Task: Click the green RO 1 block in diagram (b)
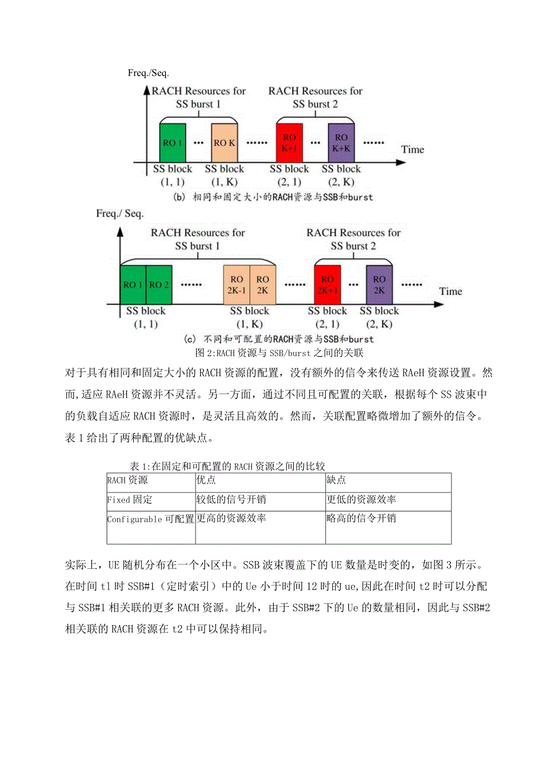coord(172,143)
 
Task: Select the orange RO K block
coord(224,143)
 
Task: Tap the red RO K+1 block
coord(289,143)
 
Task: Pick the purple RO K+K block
coord(342,143)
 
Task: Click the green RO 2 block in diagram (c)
coord(159,284)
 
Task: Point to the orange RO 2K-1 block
coord(236,284)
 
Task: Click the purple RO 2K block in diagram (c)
coord(379,284)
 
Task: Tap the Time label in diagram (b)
coord(412,149)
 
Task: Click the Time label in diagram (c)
coord(450,291)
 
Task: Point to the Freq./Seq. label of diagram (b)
coord(148,73)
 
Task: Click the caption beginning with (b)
coord(273,197)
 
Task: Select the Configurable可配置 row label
coord(150,519)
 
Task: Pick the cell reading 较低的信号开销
coord(231,500)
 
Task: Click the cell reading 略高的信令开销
coord(361,519)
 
